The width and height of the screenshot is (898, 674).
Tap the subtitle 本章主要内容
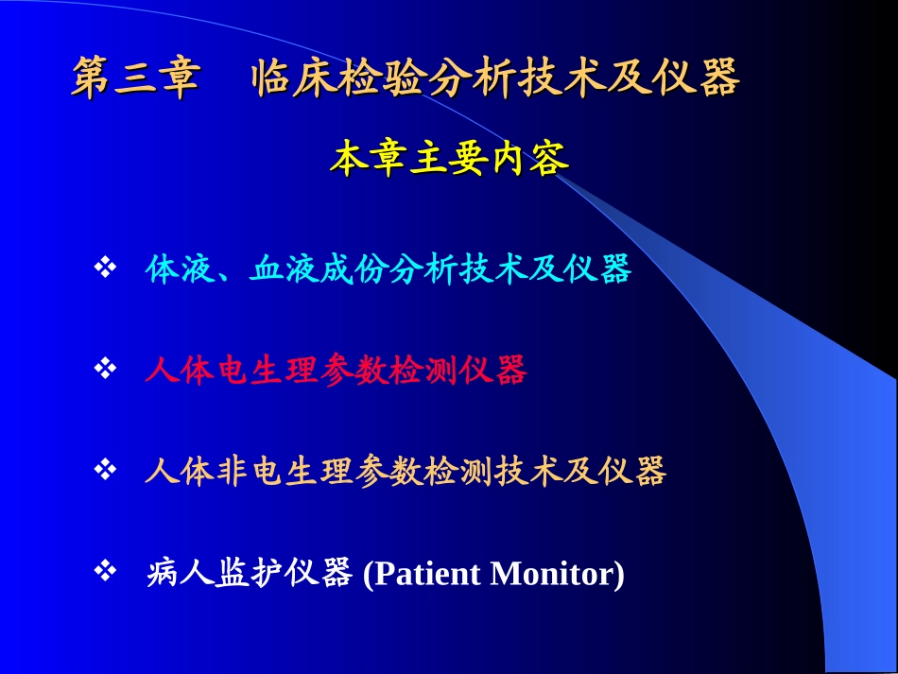(449, 160)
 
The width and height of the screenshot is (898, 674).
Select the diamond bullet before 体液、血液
(105, 268)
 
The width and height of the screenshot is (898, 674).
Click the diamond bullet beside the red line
(105, 369)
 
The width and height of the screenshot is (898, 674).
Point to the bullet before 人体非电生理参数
(105, 469)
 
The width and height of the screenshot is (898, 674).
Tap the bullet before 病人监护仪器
(105, 570)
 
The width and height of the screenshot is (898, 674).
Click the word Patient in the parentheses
(426, 574)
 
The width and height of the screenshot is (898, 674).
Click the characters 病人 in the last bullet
(172, 574)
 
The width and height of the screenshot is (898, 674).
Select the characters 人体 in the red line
(171, 371)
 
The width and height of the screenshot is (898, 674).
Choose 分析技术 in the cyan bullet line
(459, 270)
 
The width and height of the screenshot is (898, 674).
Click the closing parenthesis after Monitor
(620, 574)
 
